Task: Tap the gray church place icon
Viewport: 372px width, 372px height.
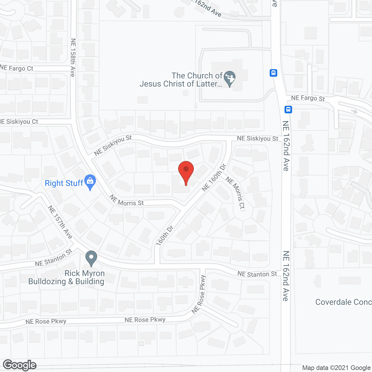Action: click(230, 78)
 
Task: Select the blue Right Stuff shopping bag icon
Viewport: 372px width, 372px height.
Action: click(90, 182)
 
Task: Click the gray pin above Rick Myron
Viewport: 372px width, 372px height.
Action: click(91, 258)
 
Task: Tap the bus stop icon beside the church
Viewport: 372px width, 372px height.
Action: click(273, 73)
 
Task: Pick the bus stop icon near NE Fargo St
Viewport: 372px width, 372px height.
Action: click(288, 110)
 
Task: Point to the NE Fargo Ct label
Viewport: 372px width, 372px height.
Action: click(17, 68)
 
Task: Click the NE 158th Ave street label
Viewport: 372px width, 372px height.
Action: click(73, 58)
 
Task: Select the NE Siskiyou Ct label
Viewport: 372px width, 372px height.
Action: click(19, 121)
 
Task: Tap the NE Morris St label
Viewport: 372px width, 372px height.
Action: click(126, 201)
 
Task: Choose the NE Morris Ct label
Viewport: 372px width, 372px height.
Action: click(235, 193)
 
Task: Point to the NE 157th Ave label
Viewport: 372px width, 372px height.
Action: click(60, 222)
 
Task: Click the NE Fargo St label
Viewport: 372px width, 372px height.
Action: click(308, 98)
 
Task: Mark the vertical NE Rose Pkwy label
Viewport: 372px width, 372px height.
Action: click(199, 294)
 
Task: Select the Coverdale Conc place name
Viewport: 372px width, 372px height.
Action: click(343, 302)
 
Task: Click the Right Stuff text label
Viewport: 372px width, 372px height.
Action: click(64, 183)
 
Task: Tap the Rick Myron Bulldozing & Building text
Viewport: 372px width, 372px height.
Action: click(67, 278)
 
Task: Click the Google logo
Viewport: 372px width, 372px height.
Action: click(20, 365)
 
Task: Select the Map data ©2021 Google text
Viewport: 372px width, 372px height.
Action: click(336, 368)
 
